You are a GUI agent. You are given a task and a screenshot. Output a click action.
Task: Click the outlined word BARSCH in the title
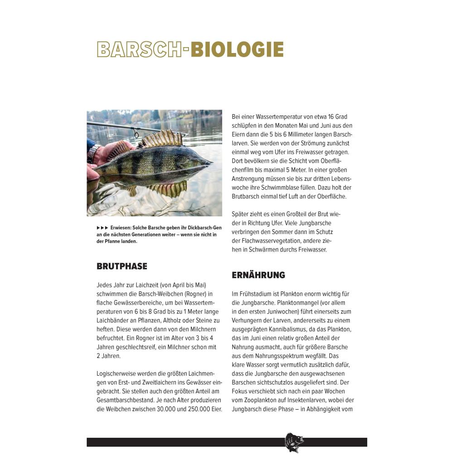pyautogui.click(x=139, y=50)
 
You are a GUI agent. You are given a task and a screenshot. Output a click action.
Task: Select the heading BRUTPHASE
pyautogui.click(x=122, y=266)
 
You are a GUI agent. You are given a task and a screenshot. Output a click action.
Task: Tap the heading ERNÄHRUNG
pyautogui.click(x=258, y=275)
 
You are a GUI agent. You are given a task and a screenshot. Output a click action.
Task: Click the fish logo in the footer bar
pyautogui.click(x=294, y=442)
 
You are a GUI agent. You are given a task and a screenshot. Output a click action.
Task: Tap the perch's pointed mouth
pyautogui.click(x=209, y=162)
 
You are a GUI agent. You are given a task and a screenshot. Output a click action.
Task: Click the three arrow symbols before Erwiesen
pyautogui.click(x=102, y=228)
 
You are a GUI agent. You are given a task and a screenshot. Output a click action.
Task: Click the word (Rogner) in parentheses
pyautogui.click(x=194, y=294)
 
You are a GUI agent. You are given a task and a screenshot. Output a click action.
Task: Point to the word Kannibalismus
pyautogui.click(x=296, y=329)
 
